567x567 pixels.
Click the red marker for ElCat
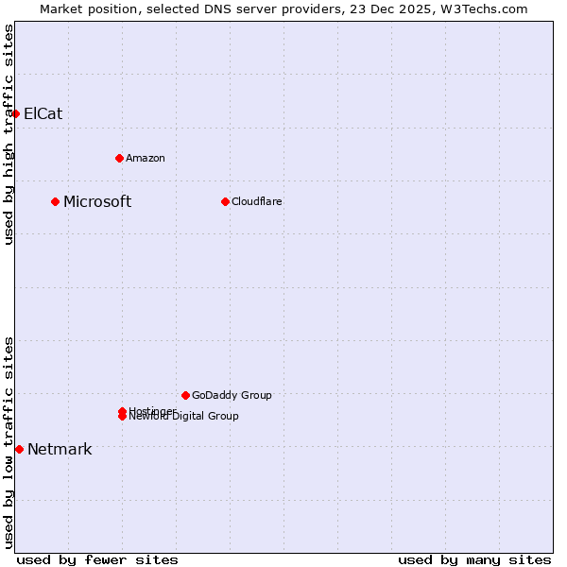(15, 113)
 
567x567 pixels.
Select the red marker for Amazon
(119, 158)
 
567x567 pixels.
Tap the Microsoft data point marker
(56, 201)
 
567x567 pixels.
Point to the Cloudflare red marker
(225, 201)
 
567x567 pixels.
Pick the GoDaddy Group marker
(185, 395)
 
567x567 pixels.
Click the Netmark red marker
(19, 449)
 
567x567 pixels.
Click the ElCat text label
(43, 113)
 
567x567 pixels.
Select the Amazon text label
(146, 158)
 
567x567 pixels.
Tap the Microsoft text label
(97, 201)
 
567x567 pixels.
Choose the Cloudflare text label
(257, 201)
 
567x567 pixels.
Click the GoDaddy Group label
(232, 395)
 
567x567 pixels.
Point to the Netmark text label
(60, 449)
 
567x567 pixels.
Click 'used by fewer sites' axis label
(97, 559)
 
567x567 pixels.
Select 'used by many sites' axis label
(474, 559)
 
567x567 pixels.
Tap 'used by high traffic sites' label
(9, 134)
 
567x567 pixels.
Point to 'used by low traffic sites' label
(9, 442)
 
